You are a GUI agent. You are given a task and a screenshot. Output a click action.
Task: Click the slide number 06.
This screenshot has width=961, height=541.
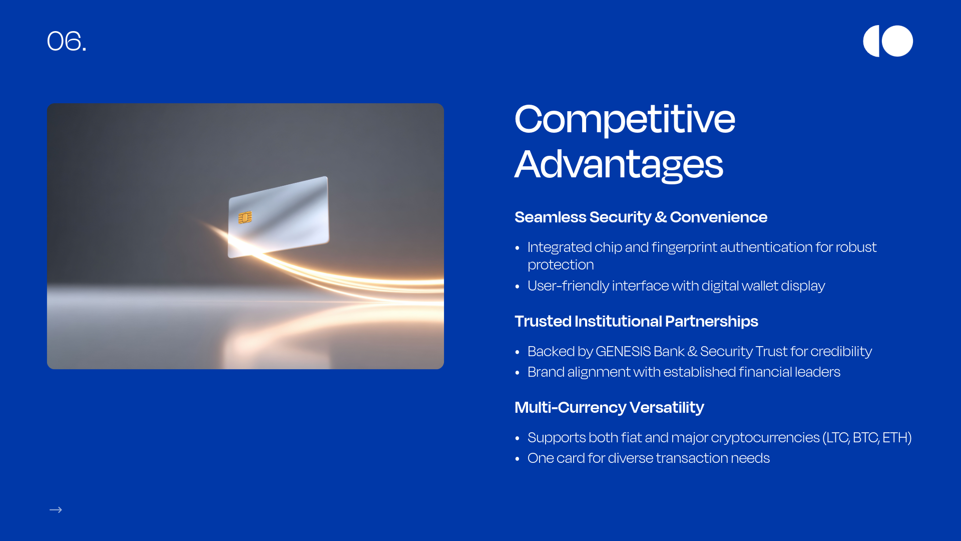[x=67, y=41]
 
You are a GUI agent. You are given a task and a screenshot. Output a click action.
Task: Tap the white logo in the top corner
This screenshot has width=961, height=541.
[x=888, y=41]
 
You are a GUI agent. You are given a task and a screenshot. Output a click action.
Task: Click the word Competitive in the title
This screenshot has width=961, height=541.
[x=625, y=119]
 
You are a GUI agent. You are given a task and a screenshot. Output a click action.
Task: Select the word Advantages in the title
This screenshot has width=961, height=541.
[x=619, y=164]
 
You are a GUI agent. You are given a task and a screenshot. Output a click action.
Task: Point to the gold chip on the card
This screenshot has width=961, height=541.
[x=245, y=217]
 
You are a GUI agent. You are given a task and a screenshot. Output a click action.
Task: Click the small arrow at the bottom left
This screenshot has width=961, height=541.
[x=56, y=510]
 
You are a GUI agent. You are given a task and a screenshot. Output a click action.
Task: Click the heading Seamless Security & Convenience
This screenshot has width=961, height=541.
[x=641, y=217]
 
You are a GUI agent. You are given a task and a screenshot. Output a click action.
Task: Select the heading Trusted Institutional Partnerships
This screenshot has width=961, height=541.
[x=636, y=321]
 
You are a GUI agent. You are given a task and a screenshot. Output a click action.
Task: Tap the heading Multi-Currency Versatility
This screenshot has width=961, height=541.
[x=609, y=407]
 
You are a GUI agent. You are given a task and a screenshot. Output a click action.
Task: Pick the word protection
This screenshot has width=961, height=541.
[x=561, y=265]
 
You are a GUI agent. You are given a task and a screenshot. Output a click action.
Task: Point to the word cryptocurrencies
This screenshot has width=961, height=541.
[x=765, y=438]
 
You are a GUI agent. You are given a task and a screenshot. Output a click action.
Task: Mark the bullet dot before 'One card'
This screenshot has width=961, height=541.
[x=518, y=459]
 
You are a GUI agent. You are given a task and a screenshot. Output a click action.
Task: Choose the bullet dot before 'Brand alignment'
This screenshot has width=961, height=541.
[x=518, y=373]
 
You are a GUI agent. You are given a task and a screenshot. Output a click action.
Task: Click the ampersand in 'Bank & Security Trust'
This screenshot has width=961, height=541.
[x=692, y=351]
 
